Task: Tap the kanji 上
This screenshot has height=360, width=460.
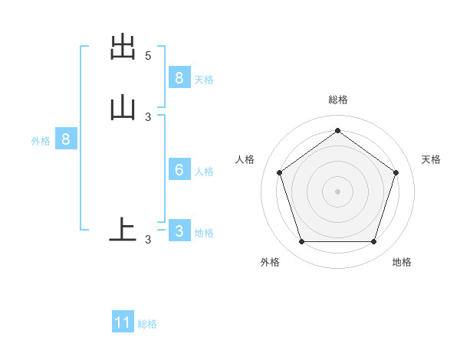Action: pos(123,229)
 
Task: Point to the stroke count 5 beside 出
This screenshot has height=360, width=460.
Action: pos(148,56)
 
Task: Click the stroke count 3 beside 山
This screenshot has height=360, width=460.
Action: pos(148,116)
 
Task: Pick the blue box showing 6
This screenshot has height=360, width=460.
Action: pos(179,170)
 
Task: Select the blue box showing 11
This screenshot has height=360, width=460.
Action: pos(123,322)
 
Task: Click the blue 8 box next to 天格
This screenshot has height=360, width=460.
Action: pos(179,77)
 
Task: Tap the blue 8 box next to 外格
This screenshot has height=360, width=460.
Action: pos(66,139)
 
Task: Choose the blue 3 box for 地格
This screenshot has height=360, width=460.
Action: pos(179,231)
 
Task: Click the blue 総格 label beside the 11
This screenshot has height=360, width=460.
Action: pos(147,324)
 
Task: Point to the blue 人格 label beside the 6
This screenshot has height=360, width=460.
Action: pos(204,172)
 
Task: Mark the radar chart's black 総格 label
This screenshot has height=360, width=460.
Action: pos(337,100)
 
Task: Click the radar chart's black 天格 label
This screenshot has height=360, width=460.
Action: pos(431,159)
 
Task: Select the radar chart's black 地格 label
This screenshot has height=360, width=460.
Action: pos(402,262)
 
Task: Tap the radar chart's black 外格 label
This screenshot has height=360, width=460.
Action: pos(270,262)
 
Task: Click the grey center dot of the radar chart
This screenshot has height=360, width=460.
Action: pos(337,191)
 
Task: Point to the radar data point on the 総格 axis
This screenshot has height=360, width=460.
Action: pos(337,130)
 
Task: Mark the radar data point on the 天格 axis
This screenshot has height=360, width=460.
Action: pos(396,172)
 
